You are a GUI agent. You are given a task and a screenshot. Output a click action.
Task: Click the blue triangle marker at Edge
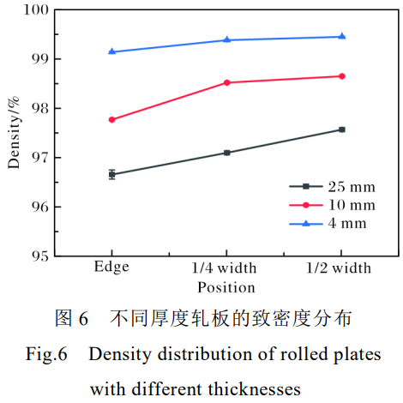112,51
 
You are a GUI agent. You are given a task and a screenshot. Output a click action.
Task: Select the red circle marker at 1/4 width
227,82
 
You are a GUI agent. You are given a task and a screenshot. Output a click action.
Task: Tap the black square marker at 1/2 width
342,129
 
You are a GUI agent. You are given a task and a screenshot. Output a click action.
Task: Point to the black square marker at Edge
112,174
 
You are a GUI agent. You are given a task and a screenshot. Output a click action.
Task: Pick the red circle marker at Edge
112,119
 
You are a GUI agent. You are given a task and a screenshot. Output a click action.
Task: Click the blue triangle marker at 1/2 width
342,36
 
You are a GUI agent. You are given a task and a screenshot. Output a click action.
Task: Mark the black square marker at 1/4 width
227,153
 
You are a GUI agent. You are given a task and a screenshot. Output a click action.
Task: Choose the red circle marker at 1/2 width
342,76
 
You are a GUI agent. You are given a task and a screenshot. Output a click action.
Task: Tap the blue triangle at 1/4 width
227,39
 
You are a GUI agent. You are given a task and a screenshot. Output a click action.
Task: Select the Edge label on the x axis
112,268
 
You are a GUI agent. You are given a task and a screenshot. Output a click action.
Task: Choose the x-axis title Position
226,287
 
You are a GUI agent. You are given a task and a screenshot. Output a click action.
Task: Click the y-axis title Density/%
13,133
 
